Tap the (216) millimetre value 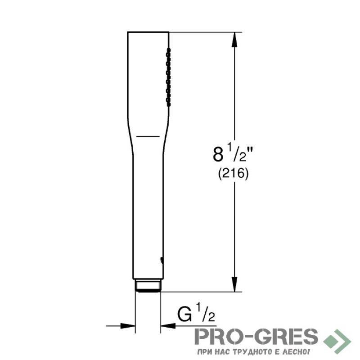coord(233,174)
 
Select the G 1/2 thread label coord(196,313)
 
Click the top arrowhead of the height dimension coord(234,40)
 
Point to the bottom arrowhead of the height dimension coord(234,284)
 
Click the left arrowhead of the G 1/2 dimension coord(128,325)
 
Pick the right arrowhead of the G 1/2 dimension coord(168,325)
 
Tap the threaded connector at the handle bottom coord(148,286)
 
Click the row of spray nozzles coord(169,77)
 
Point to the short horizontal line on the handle coord(148,136)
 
